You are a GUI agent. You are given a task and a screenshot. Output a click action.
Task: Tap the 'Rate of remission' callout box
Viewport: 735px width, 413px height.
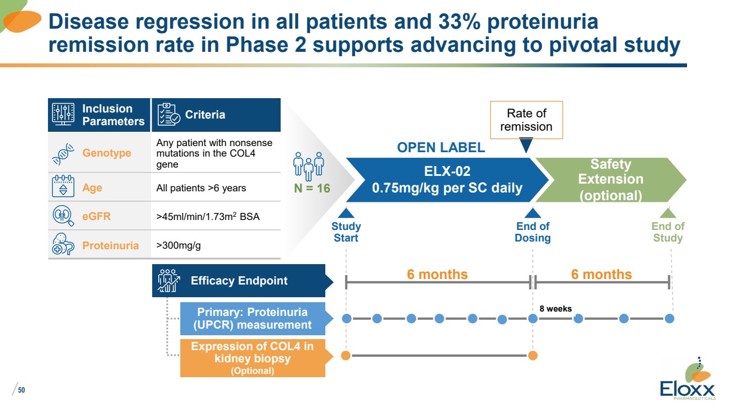tap(527, 120)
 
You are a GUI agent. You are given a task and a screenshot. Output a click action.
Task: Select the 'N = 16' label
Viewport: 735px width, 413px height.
tap(312, 189)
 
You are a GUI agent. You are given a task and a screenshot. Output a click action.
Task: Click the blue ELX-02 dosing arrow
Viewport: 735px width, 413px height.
tap(447, 179)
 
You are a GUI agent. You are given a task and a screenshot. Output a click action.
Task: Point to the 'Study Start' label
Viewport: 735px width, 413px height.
tap(346, 232)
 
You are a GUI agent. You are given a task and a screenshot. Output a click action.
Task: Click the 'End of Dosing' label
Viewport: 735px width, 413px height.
tap(533, 232)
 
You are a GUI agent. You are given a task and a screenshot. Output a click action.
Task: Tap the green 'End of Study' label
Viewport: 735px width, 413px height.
tap(668, 232)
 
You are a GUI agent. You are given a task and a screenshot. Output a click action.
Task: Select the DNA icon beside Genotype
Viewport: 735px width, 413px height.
tap(63, 153)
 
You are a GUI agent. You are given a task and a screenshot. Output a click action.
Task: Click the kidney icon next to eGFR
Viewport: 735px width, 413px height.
tap(63, 216)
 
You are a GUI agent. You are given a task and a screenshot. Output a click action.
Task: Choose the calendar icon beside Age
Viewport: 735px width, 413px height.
tap(63, 187)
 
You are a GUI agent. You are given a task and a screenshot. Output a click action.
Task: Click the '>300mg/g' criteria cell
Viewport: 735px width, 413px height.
tap(179, 245)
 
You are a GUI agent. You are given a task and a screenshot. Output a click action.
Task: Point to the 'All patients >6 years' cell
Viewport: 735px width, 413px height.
tap(201, 188)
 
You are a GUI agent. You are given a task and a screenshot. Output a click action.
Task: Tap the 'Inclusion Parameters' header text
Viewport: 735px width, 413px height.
tap(113, 115)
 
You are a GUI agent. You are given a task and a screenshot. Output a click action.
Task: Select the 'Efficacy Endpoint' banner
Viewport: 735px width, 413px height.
tap(239, 281)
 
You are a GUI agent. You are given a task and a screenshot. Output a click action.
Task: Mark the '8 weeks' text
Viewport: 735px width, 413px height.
tap(555, 309)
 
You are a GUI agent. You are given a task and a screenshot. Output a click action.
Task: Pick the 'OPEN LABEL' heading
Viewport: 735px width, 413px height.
tap(441, 147)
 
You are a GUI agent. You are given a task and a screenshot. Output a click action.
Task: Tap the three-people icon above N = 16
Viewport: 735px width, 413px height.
tap(309, 164)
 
